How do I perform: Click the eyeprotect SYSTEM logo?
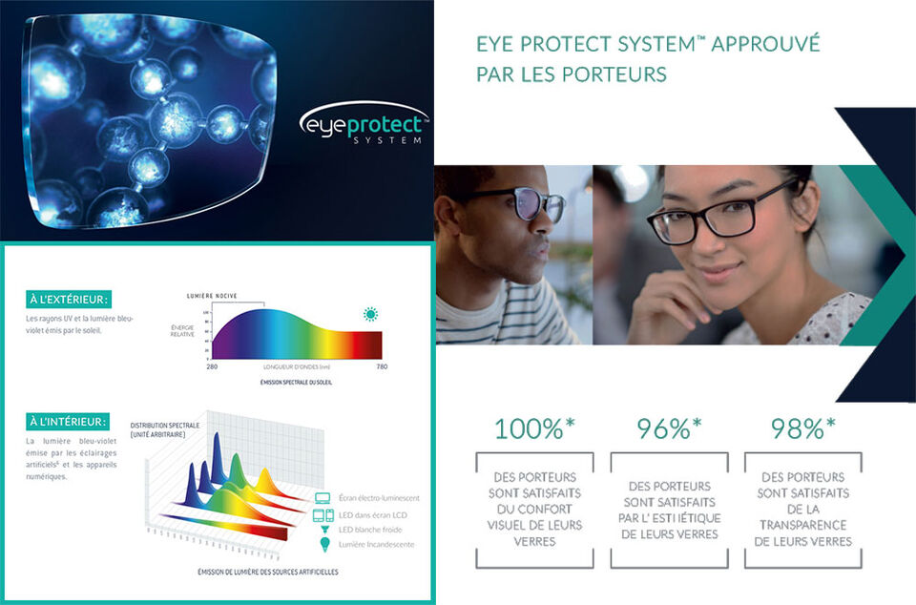click(364, 126)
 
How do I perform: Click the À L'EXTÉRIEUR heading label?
click(67, 300)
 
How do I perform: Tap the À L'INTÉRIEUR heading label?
click(67, 421)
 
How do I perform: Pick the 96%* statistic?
click(669, 429)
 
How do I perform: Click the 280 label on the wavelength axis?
click(211, 366)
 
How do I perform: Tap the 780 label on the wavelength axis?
click(382, 366)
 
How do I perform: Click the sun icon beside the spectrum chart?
click(370, 314)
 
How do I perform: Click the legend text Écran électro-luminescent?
click(378, 498)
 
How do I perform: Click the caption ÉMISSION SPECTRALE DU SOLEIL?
click(296, 382)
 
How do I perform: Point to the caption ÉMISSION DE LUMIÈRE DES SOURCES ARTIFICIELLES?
click(267, 572)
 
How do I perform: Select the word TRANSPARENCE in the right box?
click(802, 525)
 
